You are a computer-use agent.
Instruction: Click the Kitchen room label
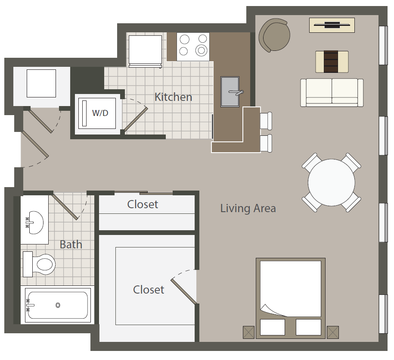pos(173,97)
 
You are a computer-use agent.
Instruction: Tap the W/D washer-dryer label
pos(100,113)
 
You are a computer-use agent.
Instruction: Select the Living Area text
pos(248,209)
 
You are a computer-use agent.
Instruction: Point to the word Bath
pos(71,244)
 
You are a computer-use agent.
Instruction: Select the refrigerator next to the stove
pos(145,50)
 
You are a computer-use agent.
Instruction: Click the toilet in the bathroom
pos(41,263)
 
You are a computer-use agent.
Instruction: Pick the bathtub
pos(58,305)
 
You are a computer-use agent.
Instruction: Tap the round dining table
pos(331,182)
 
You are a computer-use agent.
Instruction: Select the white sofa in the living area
pos(332,92)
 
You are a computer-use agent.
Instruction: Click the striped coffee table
pos(332,62)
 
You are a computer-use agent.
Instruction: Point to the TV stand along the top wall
pos(332,25)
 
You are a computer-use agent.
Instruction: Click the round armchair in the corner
pos(274,35)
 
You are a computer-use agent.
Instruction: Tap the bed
pos(291,293)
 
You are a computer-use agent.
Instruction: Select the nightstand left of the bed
pos(249,332)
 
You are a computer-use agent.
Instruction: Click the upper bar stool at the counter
pos(266,121)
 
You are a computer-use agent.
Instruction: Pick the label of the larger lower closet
pos(149,290)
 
